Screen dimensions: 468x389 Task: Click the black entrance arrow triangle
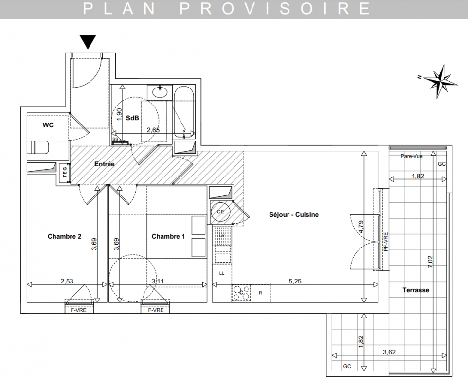[x=88, y=42]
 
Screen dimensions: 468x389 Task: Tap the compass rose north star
[x=440, y=81]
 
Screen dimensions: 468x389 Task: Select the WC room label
[x=48, y=125]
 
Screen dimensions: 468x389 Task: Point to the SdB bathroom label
[x=132, y=118]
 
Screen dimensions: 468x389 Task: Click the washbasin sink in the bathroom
[x=160, y=92]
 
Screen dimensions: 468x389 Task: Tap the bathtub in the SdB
[x=184, y=112]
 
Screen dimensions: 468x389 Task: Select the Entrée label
[x=105, y=164]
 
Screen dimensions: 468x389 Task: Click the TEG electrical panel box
[x=65, y=172]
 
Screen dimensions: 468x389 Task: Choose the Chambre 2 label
[x=65, y=237]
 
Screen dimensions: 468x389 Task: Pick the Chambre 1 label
[x=168, y=237]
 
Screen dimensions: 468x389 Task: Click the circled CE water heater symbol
[x=220, y=212]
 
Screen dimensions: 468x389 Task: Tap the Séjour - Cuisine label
[x=294, y=215]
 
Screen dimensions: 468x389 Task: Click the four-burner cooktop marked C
[x=241, y=292]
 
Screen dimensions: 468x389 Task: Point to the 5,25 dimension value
[x=295, y=282]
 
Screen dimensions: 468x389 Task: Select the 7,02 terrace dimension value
[x=430, y=262]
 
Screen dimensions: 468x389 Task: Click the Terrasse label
[x=416, y=290]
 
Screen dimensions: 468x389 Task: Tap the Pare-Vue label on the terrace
[x=412, y=156]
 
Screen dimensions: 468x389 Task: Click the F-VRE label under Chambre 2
[x=78, y=310]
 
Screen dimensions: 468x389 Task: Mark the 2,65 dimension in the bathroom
[x=153, y=130]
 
